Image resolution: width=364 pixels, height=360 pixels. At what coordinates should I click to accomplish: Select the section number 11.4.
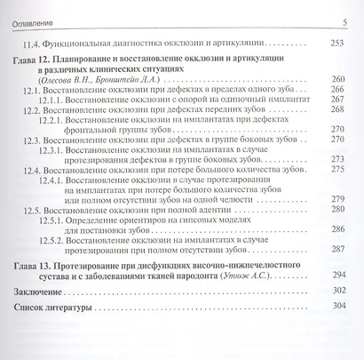point(32,43)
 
